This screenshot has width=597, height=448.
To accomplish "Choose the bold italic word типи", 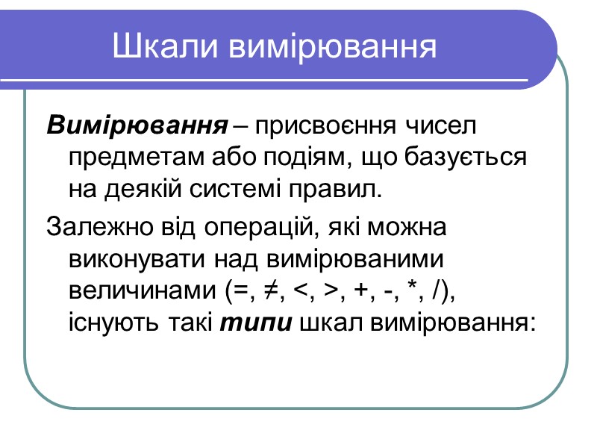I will [x=261, y=323].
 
